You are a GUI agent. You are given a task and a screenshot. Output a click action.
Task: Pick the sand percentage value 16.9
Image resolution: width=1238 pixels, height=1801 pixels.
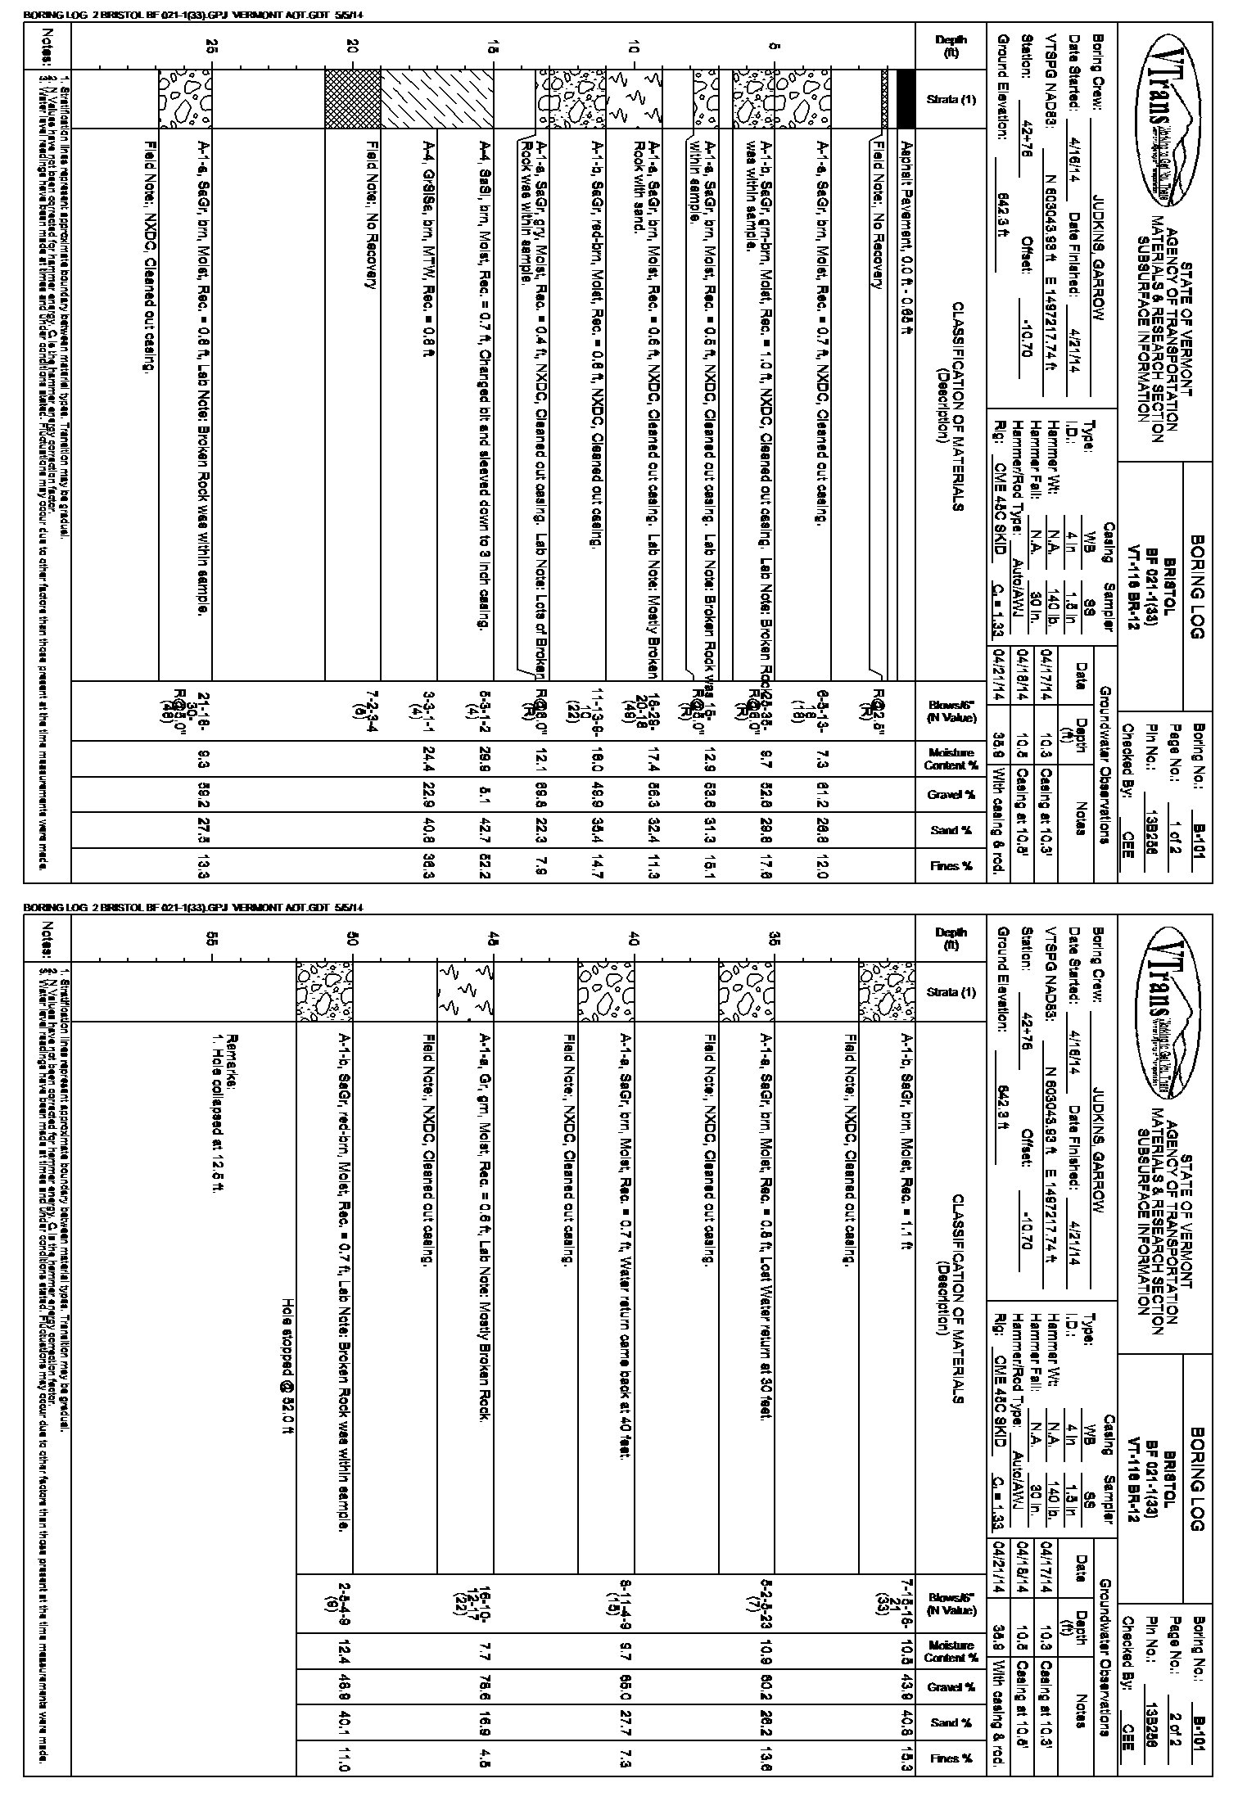click(486, 1722)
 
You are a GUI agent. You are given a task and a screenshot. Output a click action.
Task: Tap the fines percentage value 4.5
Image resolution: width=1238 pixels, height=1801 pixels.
click(486, 1758)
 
